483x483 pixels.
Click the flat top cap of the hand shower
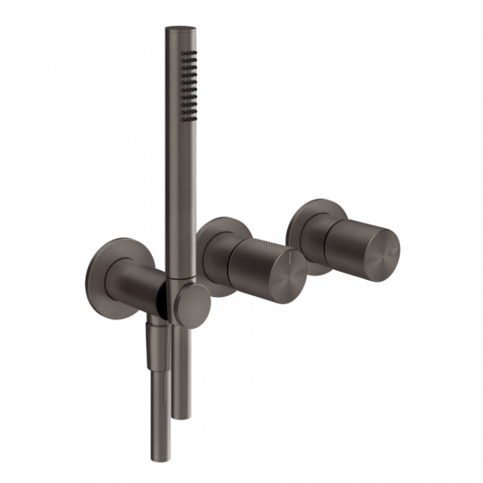174,30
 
